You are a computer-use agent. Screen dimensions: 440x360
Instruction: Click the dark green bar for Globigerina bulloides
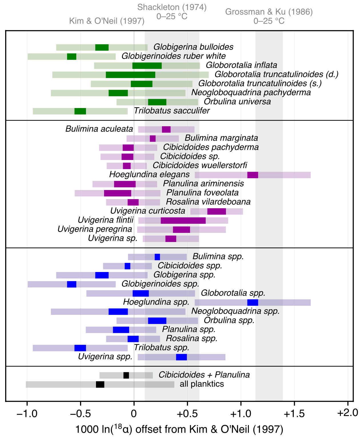pyautogui.click(x=102, y=47)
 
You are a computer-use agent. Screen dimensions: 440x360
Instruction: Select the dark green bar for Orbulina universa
pyautogui.click(x=157, y=102)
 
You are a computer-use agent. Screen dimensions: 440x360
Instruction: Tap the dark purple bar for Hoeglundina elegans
pyautogui.click(x=253, y=175)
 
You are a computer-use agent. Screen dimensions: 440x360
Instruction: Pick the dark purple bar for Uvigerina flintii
pyautogui.click(x=183, y=221)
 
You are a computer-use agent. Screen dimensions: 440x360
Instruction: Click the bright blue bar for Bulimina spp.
pyautogui.click(x=157, y=257)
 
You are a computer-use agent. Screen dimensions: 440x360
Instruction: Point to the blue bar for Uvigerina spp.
pyautogui.click(x=181, y=357)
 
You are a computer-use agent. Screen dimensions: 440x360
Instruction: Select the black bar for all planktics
pyautogui.click(x=100, y=384)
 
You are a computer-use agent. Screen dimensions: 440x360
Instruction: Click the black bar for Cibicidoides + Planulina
pyautogui.click(x=126, y=375)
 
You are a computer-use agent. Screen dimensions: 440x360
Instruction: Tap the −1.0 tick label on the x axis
pyautogui.click(x=27, y=413)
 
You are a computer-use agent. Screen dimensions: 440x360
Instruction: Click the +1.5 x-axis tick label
pyautogui.click(x=294, y=413)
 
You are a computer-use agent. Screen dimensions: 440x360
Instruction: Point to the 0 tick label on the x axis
pyautogui.click(x=134, y=413)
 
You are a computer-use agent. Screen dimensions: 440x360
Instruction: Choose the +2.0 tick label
pyautogui.click(x=347, y=413)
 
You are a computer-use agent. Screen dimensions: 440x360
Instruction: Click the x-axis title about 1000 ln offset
pyautogui.click(x=179, y=429)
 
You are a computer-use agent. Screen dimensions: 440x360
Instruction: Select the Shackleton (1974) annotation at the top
pyautogui.click(x=172, y=12)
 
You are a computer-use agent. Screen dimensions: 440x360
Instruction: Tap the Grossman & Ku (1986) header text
pyautogui.click(x=269, y=16)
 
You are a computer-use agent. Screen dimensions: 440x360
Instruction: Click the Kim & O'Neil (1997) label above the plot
pyautogui.click(x=107, y=21)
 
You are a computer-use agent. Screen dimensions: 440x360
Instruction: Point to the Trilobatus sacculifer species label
pyautogui.click(x=172, y=111)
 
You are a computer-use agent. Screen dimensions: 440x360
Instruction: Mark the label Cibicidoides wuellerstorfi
pyautogui.click(x=200, y=165)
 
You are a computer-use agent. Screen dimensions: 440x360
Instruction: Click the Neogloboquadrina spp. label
pyautogui.click(x=235, y=311)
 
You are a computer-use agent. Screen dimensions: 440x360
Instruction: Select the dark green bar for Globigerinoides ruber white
pyautogui.click(x=72, y=57)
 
